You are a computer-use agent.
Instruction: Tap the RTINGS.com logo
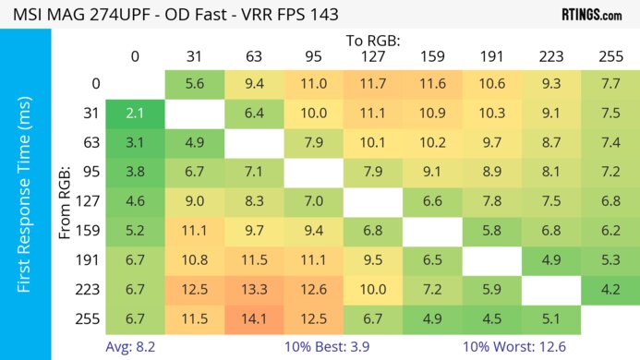(x=590, y=15)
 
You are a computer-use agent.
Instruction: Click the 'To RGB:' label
(x=373, y=40)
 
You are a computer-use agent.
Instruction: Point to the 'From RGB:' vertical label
(x=66, y=201)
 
